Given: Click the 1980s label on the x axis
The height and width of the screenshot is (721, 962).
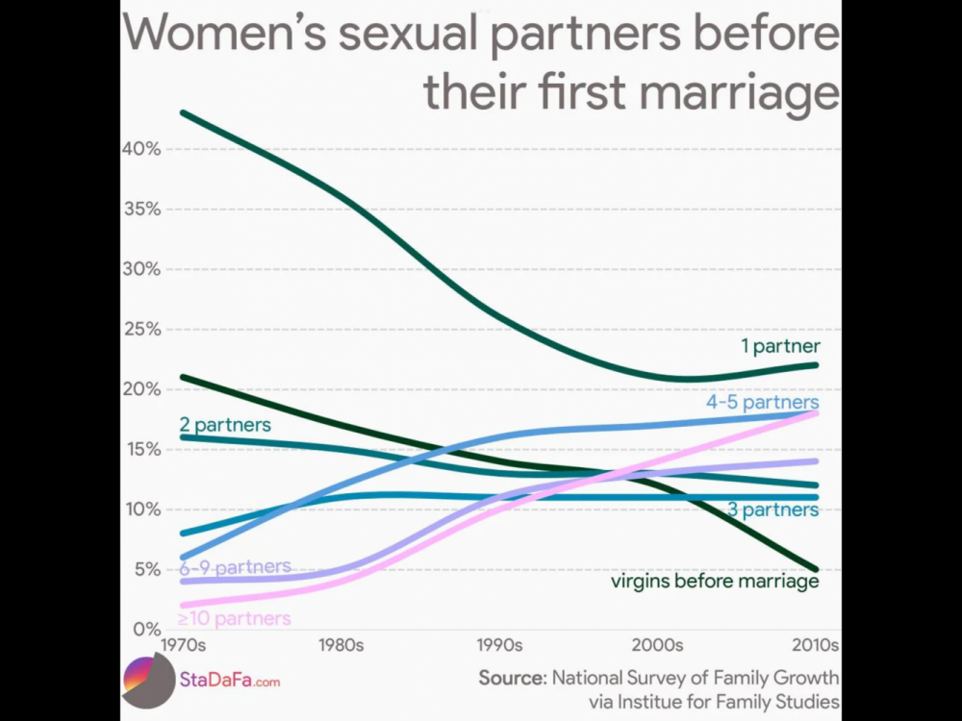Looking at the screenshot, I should [341, 644].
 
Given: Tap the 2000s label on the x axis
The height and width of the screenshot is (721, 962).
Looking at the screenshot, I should [658, 644].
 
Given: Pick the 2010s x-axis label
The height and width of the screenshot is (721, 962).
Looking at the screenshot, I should [816, 644].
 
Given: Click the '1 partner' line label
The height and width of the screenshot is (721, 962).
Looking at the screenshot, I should [779, 346].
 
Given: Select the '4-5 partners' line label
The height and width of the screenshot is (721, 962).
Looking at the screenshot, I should [762, 402].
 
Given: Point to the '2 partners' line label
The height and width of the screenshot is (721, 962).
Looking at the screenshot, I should [225, 424].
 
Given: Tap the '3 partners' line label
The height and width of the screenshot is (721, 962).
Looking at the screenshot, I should [772, 510].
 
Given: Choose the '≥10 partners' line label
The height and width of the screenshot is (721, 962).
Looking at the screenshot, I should [234, 618].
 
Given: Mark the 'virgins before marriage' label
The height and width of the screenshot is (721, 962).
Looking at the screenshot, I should [714, 581].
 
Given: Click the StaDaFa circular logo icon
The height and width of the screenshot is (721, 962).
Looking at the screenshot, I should [147, 682].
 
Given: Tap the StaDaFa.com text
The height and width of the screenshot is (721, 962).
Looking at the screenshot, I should [230, 682].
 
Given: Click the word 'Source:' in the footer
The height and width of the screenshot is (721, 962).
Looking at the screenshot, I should [513, 677].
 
